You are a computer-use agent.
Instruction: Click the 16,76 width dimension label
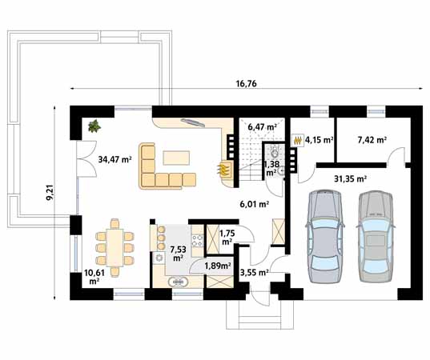(247, 83)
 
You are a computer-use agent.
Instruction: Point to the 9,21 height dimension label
(50, 194)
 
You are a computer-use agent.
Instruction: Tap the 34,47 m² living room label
(115, 159)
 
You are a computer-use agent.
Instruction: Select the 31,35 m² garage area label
(351, 178)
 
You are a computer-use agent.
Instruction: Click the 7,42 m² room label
(372, 140)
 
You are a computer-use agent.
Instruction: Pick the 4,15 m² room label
(319, 140)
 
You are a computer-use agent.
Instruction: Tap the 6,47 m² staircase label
(262, 127)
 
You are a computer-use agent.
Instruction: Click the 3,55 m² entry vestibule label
(254, 272)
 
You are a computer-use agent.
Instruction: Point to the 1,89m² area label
(218, 266)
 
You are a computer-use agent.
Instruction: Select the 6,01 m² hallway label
(254, 204)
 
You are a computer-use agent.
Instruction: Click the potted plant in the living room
(94, 126)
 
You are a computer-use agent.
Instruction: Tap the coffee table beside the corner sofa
(176, 158)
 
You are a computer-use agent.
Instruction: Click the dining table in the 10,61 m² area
(115, 248)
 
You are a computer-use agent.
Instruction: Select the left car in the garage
(324, 237)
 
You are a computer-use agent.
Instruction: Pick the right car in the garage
(376, 237)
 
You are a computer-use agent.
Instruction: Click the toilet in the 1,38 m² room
(274, 152)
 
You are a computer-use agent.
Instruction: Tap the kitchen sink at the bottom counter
(179, 282)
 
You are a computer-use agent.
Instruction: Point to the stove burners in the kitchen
(197, 241)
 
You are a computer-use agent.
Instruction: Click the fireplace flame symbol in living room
(224, 169)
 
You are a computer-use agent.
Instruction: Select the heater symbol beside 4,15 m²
(298, 141)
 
